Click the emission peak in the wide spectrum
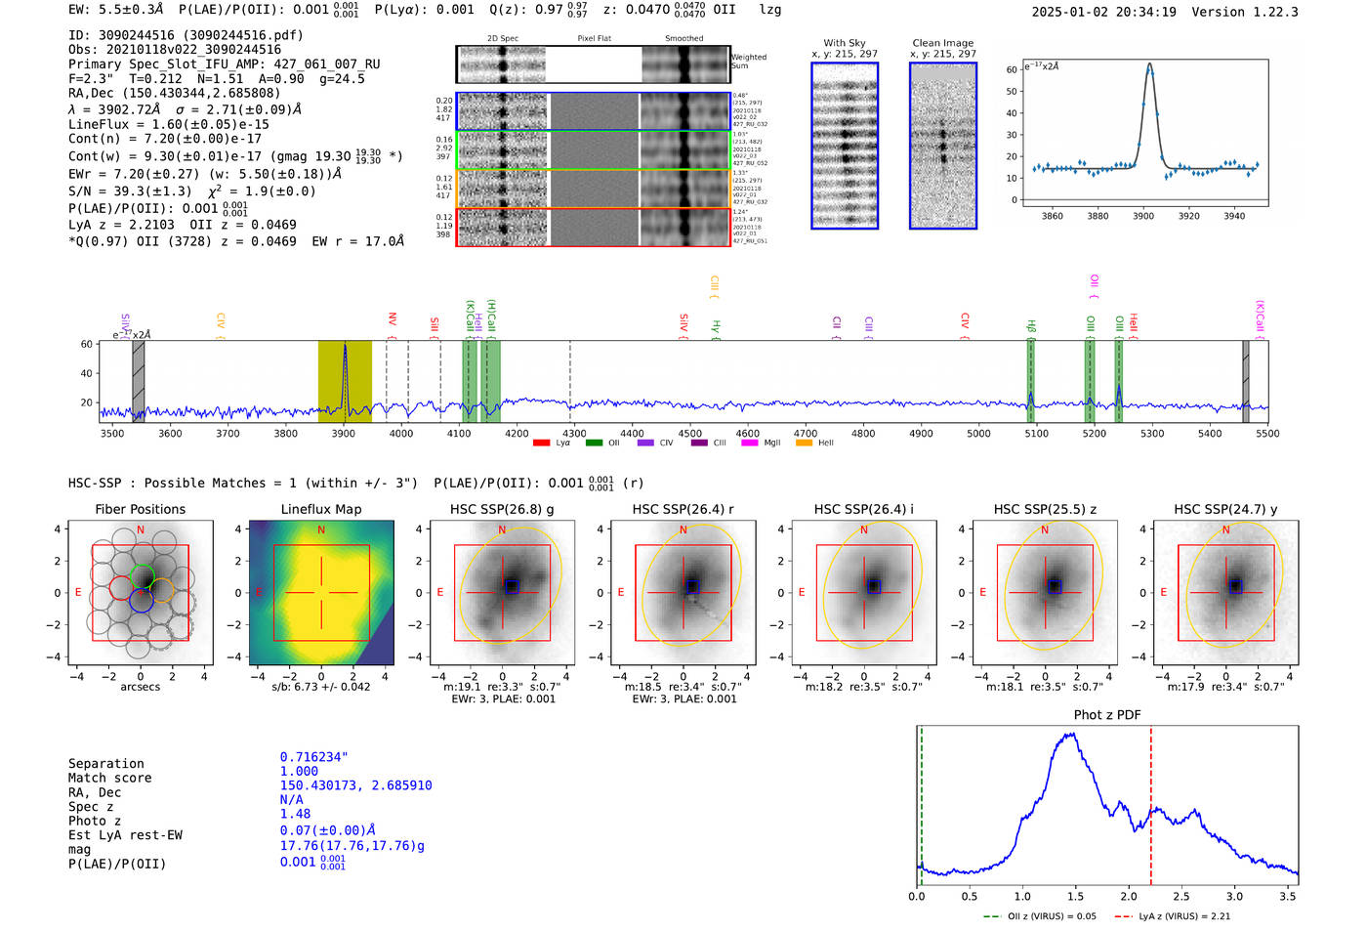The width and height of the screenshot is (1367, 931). [345, 348]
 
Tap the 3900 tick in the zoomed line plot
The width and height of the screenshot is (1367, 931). [1143, 216]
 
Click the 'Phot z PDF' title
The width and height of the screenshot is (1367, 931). [1107, 715]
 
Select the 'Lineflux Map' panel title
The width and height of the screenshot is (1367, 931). [321, 509]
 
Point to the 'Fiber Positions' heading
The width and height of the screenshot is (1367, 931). [140, 509]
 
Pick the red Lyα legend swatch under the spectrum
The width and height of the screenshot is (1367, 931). [541, 444]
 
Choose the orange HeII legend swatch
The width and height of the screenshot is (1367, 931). [804, 444]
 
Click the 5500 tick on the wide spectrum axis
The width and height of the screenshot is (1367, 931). [1267, 434]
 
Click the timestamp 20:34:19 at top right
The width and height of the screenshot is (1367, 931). [1143, 12]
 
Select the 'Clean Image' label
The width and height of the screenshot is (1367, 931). [942, 43]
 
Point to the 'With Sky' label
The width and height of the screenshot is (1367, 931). [844, 43]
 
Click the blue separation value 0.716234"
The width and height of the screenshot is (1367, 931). [314, 757]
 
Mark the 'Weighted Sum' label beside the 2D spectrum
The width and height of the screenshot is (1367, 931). [748, 62]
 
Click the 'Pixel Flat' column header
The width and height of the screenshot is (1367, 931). [594, 38]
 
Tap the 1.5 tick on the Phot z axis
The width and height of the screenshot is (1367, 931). [1075, 896]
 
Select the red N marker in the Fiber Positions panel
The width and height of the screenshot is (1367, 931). [141, 529]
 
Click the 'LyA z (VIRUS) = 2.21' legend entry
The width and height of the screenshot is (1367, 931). [1182, 916]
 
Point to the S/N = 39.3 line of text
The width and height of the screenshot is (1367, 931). [192, 191]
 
